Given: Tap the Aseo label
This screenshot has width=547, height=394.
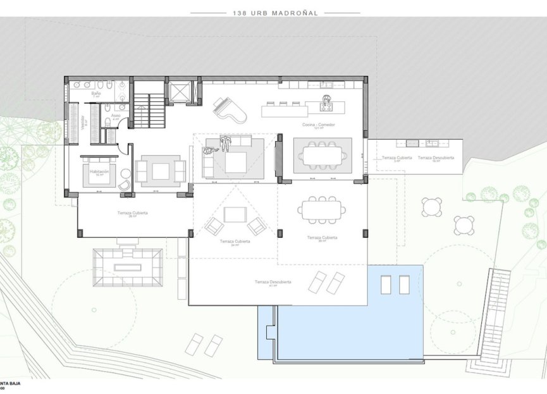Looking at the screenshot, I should [x=115, y=116].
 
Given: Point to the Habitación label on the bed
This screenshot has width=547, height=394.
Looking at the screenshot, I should [x=99, y=172].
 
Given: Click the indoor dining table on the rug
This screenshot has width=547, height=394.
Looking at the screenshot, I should [x=323, y=154].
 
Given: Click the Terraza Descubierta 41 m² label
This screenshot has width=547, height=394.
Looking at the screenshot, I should [x=273, y=282].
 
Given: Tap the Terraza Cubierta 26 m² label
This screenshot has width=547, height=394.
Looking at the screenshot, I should [x=132, y=214].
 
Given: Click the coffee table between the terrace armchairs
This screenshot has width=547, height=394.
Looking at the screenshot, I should [x=236, y=215].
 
